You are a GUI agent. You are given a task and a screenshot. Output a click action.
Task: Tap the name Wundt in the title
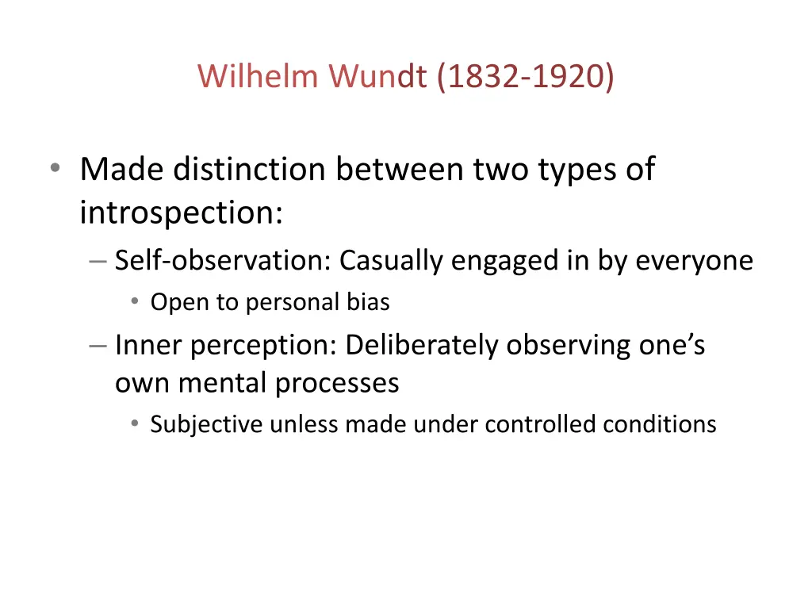pos(380,76)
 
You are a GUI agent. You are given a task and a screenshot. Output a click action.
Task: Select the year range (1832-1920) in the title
pos(525,76)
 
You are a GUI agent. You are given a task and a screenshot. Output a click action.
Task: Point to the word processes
pos(337,383)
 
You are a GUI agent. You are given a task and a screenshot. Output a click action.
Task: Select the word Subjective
pos(206,424)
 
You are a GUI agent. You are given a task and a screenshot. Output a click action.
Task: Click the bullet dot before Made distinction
pos(54,169)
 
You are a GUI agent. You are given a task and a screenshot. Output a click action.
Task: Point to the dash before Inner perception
pos(98,346)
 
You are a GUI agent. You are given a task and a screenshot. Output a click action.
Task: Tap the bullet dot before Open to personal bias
pos(136,302)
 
